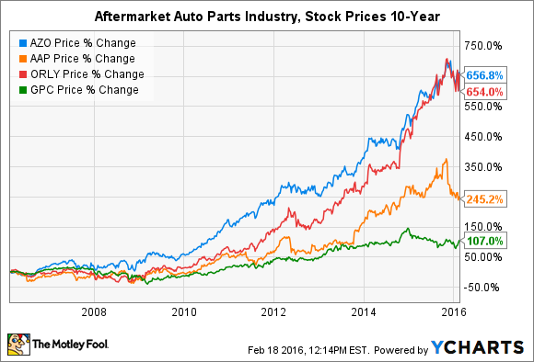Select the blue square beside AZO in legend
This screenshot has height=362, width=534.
tap(21, 42)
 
